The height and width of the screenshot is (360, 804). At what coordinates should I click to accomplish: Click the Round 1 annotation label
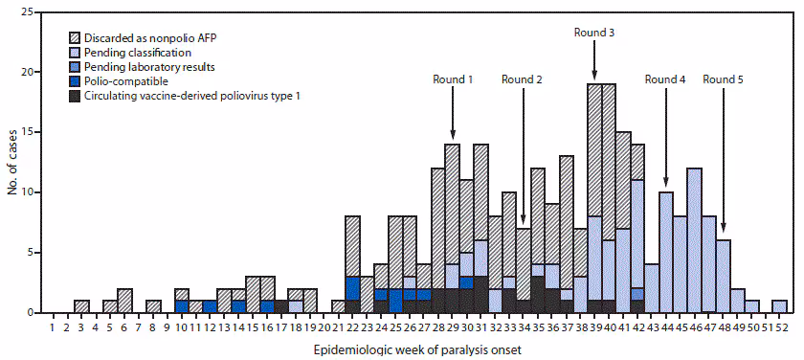pyautogui.click(x=452, y=79)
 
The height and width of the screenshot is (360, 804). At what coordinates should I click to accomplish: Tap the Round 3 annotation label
pyautogui.click(x=593, y=32)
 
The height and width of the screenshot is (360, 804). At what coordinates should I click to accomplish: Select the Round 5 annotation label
pyautogui.click(x=723, y=79)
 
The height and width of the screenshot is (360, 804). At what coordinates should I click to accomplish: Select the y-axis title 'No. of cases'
pyautogui.click(x=11, y=163)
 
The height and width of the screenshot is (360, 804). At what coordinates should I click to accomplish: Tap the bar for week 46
pyautogui.click(x=694, y=240)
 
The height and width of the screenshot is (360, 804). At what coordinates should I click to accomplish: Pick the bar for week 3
pyautogui.click(x=82, y=306)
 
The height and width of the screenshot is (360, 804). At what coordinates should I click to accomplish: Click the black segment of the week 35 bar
pyautogui.click(x=538, y=294)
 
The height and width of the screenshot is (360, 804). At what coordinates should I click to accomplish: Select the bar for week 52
pyautogui.click(x=780, y=306)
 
